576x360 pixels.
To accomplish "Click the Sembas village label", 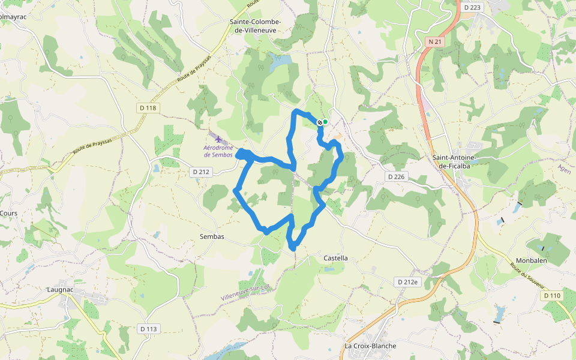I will (212, 236).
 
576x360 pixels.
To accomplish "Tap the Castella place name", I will (335, 258).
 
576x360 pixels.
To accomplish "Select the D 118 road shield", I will (147, 108).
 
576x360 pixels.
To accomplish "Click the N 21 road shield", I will (435, 41).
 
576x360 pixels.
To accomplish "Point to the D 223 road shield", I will (473, 7).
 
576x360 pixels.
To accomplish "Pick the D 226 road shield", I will (396, 176).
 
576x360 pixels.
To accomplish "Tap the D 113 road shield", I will (148, 329).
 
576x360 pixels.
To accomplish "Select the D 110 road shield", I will (552, 296).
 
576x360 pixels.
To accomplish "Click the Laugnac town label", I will (60, 289).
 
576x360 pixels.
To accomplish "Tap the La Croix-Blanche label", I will (370, 346).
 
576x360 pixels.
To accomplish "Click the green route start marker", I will (325, 122).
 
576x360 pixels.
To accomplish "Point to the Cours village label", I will (8, 213).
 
